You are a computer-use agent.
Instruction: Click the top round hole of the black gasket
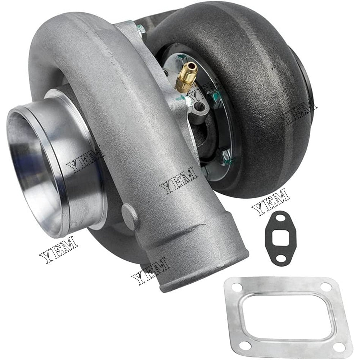278,217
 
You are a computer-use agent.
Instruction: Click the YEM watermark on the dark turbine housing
298,112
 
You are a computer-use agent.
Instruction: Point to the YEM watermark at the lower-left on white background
58,249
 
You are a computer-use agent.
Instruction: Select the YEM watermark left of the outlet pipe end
151,271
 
